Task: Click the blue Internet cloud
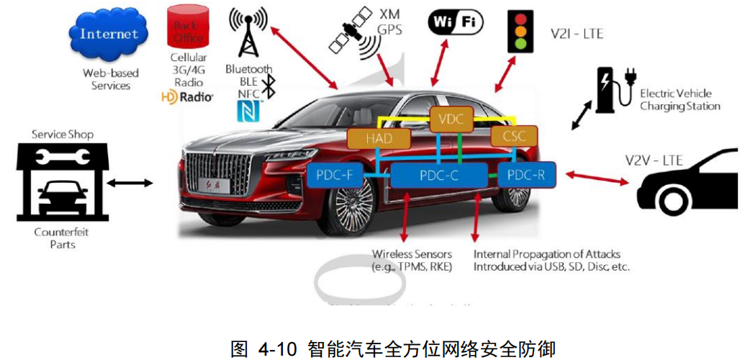pyautogui.click(x=109, y=33)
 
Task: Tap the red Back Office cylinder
pyautogui.click(x=189, y=29)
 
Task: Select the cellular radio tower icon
pyautogui.click(x=248, y=32)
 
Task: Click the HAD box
pyautogui.click(x=379, y=139)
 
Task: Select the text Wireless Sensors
pyautogui.click(x=412, y=254)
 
